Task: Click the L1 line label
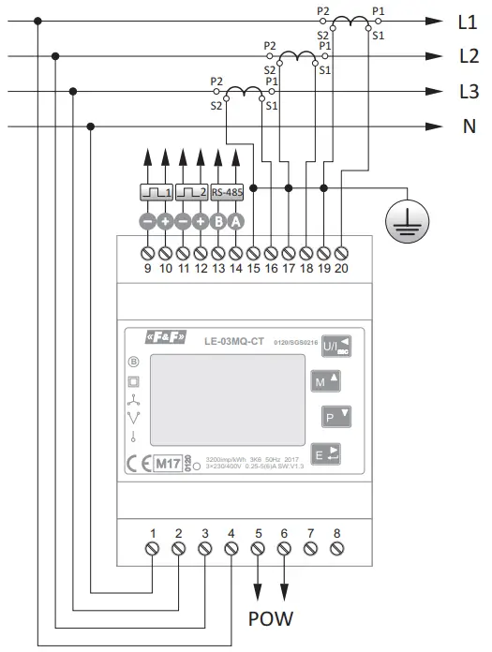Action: pos(468,22)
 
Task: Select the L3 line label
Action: pos(468,91)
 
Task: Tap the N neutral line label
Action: pos(469,126)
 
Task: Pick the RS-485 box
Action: pos(227,193)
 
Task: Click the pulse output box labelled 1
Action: pos(157,193)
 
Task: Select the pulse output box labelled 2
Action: pos(192,193)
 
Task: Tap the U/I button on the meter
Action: pos(337,347)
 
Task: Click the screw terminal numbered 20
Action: pos(341,253)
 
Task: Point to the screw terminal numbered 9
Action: pos(148,253)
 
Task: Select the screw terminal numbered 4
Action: pos(231,551)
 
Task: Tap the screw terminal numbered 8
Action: pos(336,551)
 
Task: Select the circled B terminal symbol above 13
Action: pos(218,222)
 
